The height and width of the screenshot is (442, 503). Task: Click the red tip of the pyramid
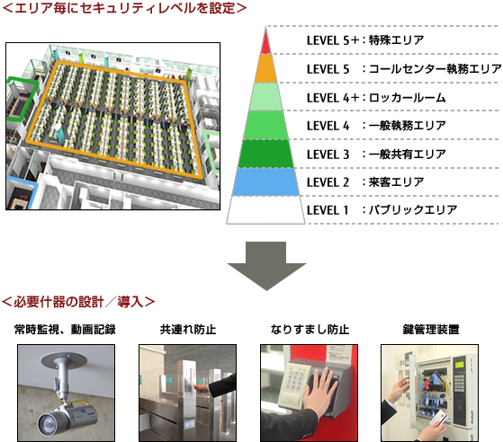tap(265, 43)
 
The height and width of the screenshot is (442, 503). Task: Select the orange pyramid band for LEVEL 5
tap(265, 68)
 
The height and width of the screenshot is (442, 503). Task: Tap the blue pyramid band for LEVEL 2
tap(265, 181)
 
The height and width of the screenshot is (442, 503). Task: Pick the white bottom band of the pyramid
tap(265, 210)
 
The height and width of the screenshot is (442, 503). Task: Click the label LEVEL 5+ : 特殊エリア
tap(365, 40)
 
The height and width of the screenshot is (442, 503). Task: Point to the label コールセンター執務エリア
tap(435, 69)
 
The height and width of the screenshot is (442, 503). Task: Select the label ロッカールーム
tap(407, 97)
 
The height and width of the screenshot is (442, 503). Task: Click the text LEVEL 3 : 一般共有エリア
tap(376, 154)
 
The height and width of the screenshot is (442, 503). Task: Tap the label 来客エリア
tap(396, 182)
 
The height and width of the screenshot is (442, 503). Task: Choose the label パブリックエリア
tap(413, 210)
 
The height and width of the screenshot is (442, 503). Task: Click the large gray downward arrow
tap(266, 266)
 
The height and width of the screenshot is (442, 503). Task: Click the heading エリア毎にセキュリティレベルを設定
tap(125, 8)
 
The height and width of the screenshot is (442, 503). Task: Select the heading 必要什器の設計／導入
tap(78, 302)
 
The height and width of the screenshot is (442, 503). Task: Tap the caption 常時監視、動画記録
tap(65, 330)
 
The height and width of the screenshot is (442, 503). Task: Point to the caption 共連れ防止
tap(188, 330)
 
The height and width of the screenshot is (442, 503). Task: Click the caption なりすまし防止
tap(310, 330)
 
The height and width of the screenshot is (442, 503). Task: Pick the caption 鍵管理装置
tap(431, 330)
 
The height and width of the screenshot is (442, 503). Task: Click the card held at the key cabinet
tap(436, 417)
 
